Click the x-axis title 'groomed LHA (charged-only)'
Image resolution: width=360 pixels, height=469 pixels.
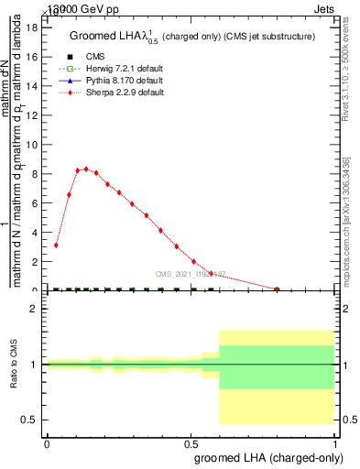pos(264,457)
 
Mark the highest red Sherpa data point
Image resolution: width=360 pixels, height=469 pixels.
pos(86,169)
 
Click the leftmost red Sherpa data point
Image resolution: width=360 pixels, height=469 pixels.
pos(57,245)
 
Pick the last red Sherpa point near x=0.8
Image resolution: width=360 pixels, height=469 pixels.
pos(277,289)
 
